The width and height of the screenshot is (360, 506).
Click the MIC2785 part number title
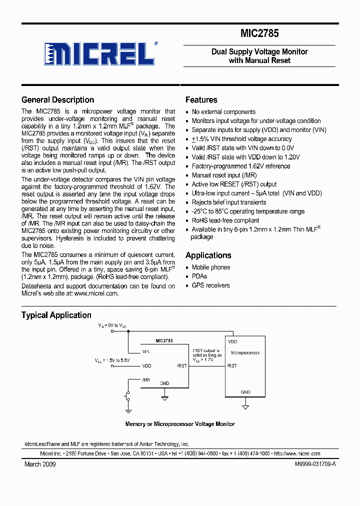click(x=259, y=34)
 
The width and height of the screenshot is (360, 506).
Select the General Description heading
click(x=57, y=100)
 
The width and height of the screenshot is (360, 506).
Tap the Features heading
click(x=201, y=100)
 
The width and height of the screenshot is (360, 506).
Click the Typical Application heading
click(x=56, y=315)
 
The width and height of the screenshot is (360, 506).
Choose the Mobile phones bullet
click(x=211, y=267)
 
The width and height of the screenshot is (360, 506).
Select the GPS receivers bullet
click(x=210, y=285)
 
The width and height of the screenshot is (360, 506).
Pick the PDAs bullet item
click(x=199, y=276)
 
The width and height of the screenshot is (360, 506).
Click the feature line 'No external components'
click(x=223, y=112)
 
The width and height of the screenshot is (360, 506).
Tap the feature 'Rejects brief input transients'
click(x=229, y=202)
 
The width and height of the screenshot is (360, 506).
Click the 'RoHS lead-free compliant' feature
click(x=225, y=220)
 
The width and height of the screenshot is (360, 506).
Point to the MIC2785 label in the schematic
click(x=164, y=340)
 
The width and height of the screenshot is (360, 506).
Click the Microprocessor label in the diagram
click(x=245, y=353)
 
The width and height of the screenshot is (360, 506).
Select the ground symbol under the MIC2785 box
click(x=164, y=398)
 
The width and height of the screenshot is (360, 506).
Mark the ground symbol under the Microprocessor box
click(x=245, y=407)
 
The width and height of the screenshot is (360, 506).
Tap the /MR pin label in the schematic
click(x=146, y=380)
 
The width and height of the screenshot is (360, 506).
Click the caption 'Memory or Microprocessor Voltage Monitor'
click(x=180, y=424)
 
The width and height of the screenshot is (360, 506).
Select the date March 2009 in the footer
click(x=40, y=464)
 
